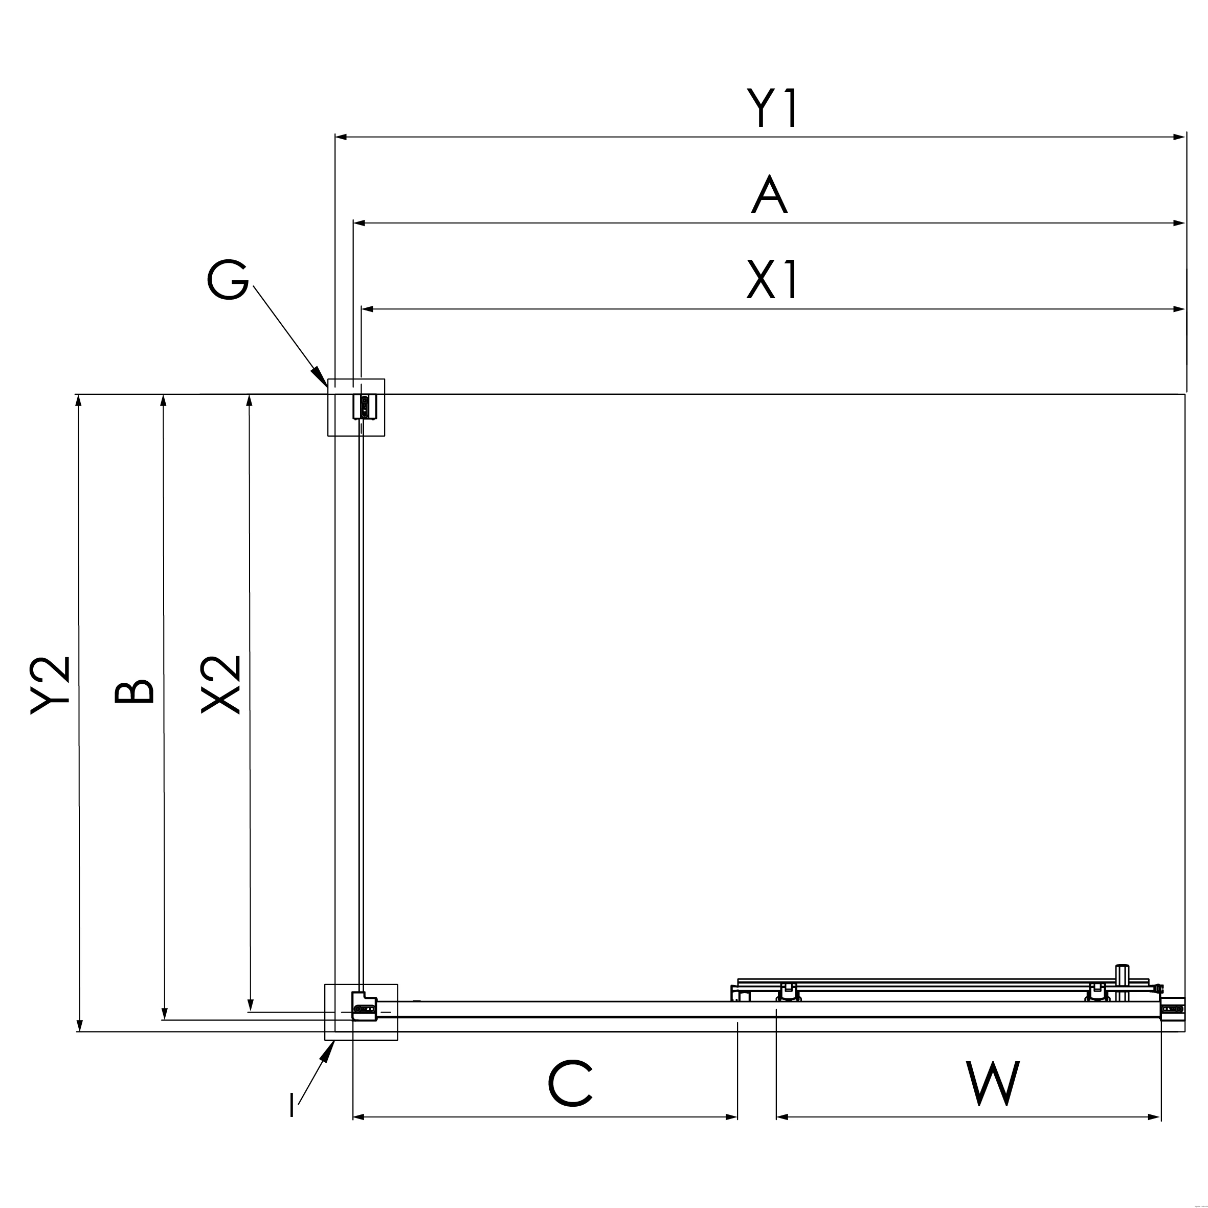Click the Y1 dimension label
pyautogui.click(x=773, y=107)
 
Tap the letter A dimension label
pyautogui.click(x=769, y=194)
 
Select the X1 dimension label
pyautogui.click(x=773, y=279)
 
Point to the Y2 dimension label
pyautogui.click(x=50, y=685)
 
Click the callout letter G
pyautogui.click(x=228, y=279)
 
